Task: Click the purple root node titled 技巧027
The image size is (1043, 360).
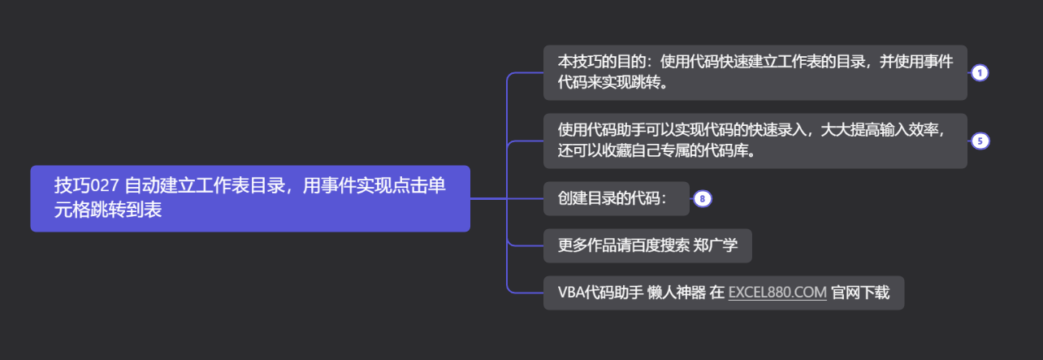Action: click(x=249, y=198)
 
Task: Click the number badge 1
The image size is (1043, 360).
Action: click(x=980, y=73)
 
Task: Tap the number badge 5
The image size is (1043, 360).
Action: click(x=980, y=141)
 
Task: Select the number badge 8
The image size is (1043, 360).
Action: click(x=703, y=198)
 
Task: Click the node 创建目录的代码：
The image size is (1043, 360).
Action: click(x=615, y=198)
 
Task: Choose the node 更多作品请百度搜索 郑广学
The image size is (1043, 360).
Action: click(x=647, y=245)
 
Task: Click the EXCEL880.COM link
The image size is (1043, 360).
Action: click(x=777, y=293)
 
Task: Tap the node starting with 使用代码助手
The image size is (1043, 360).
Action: click(x=755, y=141)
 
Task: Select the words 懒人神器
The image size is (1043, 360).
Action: click(x=677, y=293)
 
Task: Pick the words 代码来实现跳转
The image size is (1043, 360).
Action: click(x=609, y=84)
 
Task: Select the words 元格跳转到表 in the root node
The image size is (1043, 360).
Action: click(x=108, y=210)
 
